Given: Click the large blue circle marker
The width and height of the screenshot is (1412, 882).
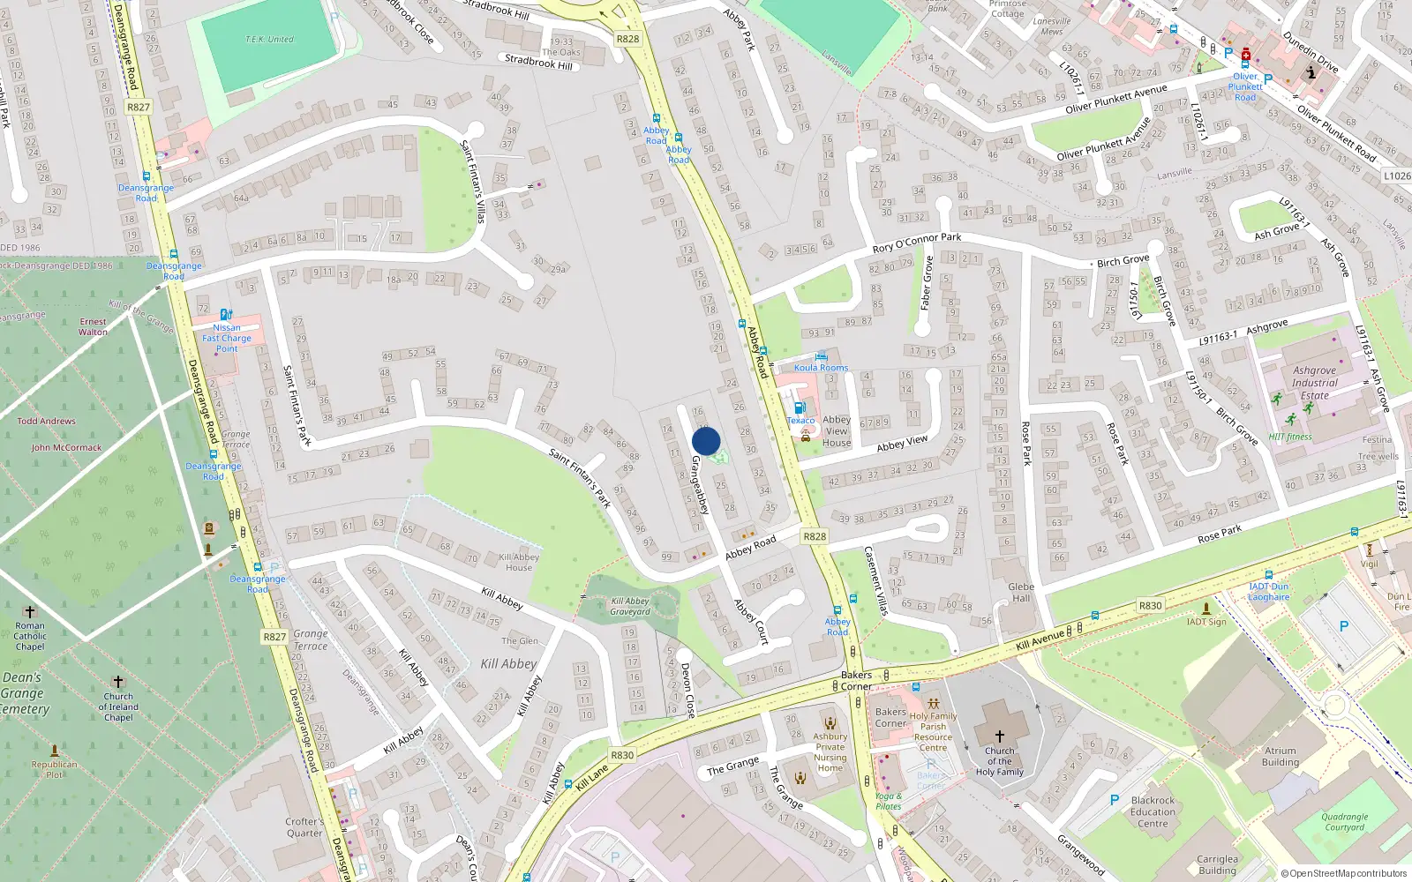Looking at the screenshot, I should (706, 441).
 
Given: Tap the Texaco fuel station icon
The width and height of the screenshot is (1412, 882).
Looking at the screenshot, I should (800, 407).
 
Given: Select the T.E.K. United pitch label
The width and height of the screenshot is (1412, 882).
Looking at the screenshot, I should (269, 40).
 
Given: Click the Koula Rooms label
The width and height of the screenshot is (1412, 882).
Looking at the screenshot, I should (821, 368).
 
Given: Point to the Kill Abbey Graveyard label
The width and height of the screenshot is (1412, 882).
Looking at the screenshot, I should (630, 607).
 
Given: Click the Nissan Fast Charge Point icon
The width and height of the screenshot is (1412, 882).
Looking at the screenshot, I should (226, 315).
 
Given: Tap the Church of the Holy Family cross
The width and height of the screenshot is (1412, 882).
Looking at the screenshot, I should (1000, 736).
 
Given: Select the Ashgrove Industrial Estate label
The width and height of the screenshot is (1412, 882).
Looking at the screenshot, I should (1314, 383).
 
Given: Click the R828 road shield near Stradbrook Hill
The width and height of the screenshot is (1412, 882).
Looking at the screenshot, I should (627, 39).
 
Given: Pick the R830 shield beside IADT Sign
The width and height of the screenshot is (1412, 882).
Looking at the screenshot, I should (1150, 606).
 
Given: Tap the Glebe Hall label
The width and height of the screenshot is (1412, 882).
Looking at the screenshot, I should (1021, 592).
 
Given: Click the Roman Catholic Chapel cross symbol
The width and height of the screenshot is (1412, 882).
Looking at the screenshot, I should (29, 611).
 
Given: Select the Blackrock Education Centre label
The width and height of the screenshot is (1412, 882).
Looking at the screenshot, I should (1153, 812).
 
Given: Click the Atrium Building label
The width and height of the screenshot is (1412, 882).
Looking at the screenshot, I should (1280, 757).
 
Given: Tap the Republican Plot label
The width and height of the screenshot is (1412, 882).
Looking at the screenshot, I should (54, 769).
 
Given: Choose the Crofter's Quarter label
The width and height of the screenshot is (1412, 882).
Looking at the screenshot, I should (304, 826).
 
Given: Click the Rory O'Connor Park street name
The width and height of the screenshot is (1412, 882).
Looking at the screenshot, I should (916, 242).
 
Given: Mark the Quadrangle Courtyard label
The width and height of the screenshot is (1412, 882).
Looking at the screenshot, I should (1344, 822).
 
